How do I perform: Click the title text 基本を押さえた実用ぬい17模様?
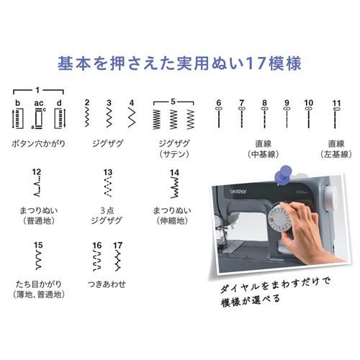click(179, 63)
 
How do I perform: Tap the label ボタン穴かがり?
click(39, 143)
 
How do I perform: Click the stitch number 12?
click(37, 173)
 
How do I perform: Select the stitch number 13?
click(108, 173)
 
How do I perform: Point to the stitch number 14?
click(174, 173)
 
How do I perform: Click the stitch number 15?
click(39, 246)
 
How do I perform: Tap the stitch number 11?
click(336, 103)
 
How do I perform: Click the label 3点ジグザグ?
click(108, 215)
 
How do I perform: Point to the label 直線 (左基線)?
click(336, 148)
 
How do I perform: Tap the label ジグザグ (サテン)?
click(174, 148)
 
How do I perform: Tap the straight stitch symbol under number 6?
click(218, 117)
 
